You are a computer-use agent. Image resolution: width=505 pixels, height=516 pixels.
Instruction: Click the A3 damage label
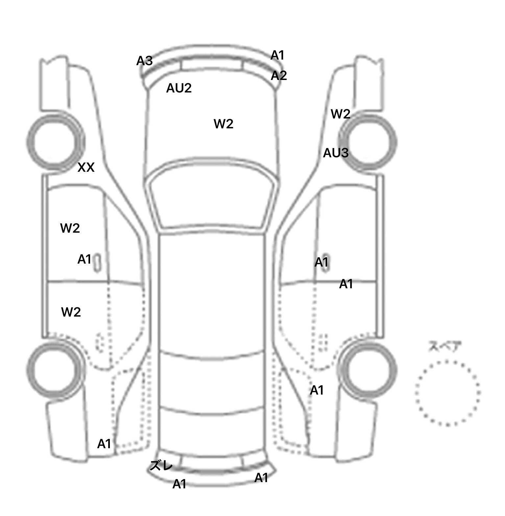pos(144,61)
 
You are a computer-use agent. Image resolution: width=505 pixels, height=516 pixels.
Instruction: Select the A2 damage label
pos(279,76)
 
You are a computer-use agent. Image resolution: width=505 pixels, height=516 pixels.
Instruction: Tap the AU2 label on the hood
pos(179,88)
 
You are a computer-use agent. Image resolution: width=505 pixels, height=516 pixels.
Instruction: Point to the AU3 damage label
pos(336,153)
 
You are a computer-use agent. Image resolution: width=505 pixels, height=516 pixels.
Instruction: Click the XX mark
pos(86,168)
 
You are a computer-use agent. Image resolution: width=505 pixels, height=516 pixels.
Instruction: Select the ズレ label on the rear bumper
pos(161,466)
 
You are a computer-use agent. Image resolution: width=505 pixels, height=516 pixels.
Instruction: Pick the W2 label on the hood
pos(224,124)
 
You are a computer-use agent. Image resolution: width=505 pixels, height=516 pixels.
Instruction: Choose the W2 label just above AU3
pos(341,114)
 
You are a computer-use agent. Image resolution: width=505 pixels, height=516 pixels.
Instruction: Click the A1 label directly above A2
pos(277,56)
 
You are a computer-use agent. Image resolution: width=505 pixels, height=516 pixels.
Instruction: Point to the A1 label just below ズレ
pos(180,484)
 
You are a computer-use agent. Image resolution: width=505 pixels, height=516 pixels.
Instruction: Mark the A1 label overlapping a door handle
pos(321,262)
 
